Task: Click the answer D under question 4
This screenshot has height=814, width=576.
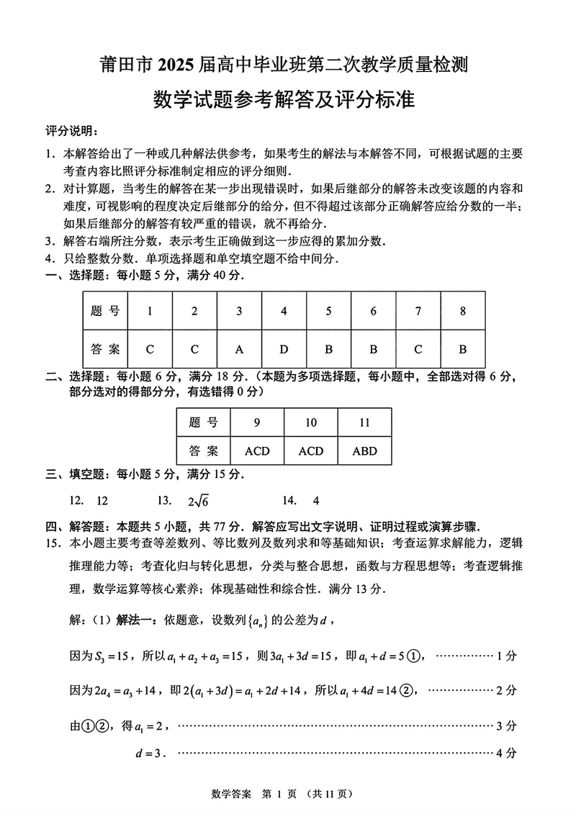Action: [x=284, y=350]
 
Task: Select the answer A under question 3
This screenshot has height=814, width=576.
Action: [x=239, y=350]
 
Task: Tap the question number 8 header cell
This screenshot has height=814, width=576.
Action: [x=462, y=312]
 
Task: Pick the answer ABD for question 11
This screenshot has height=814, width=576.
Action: [x=364, y=451]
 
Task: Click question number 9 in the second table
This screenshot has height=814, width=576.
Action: [x=257, y=422]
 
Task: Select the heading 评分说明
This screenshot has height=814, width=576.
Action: [x=71, y=131]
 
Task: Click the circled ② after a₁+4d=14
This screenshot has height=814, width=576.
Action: [x=409, y=690]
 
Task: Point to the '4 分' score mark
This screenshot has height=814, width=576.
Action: [x=507, y=754]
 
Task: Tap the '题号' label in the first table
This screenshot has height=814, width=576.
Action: [x=105, y=312]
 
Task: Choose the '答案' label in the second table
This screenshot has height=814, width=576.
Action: [x=203, y=451]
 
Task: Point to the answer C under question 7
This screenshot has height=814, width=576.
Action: [x=418, y=350]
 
